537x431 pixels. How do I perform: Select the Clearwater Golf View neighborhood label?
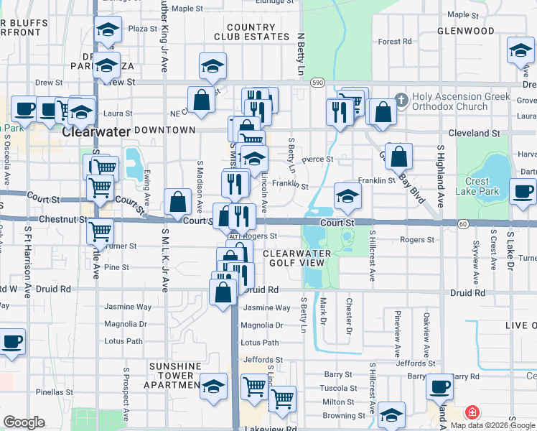tap(296, 259)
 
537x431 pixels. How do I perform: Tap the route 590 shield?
tap(317, 83)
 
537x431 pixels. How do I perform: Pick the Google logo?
tap(24, 422)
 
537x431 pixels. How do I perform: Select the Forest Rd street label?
tap(395, 42)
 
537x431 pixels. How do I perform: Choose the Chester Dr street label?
tap(349, 310)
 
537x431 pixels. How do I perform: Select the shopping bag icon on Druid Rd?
tap(223, 292)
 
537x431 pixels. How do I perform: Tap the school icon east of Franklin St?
tap(347, 196)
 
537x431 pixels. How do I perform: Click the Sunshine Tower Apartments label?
tap(172, 376)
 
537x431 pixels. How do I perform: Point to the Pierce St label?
tap(318, 159)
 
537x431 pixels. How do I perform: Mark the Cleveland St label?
tap(474, 134)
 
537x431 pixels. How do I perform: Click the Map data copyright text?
tap(492, 424)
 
